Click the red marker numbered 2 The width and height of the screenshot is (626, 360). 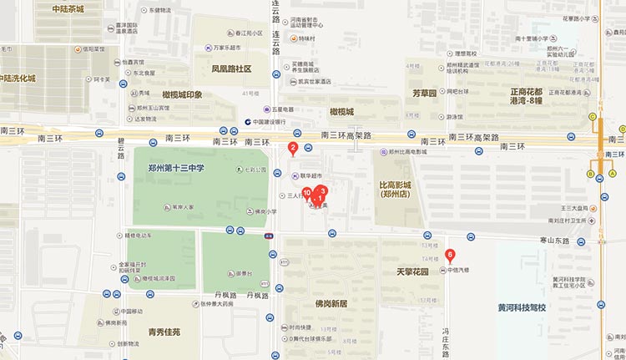(x=293, y=150)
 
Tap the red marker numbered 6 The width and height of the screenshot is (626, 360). (x=451, y=255)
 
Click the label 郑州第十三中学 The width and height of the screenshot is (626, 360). (x=176, y=169)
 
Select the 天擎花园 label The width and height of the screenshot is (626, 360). (x=412, y=272)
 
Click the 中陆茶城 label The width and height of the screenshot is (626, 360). (x=66, y=9)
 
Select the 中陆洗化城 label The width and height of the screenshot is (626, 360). (x=18, y=78)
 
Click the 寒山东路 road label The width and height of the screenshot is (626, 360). (x=553, y=241)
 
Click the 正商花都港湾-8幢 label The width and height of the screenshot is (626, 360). (x=538, y=96)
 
